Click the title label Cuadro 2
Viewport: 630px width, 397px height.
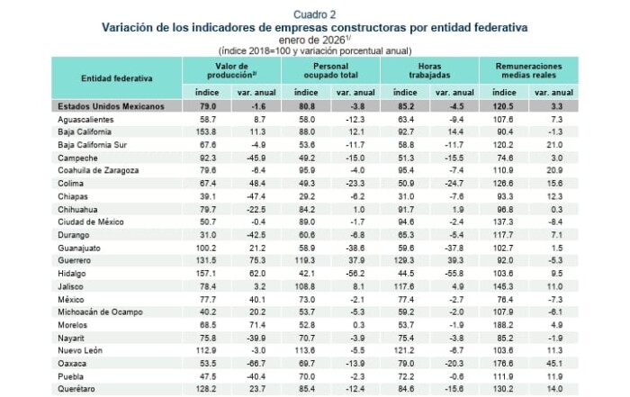[314, 15]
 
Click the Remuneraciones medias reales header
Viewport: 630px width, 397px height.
[527, 72]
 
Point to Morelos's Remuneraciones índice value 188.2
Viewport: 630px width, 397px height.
[504, 324]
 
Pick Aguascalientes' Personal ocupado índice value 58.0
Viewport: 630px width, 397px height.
[307, 119]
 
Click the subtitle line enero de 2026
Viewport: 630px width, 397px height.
[314, 39]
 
